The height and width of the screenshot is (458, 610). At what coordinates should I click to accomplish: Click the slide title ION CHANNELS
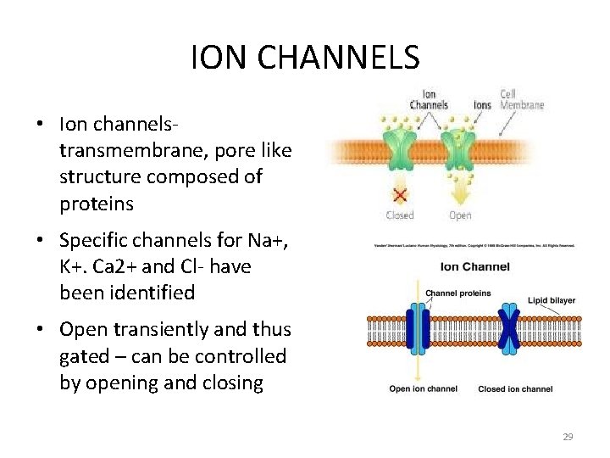coord(305,58)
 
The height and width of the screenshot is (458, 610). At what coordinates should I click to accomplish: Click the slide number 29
coord(568,437)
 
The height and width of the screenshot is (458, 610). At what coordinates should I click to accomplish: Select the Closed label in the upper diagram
coord(400,215)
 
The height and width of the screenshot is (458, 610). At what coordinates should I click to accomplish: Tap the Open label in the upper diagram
coord(460,215)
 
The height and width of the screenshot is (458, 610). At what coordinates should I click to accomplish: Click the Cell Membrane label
coord(521,99)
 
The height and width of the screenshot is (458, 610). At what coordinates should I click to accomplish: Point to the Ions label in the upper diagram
coord(482,105)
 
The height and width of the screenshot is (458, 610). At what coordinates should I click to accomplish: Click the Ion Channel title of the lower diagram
coord(474,266)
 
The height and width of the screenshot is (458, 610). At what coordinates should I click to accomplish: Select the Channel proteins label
coord(457,293)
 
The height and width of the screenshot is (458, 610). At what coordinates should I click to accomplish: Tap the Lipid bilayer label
coord(551,299)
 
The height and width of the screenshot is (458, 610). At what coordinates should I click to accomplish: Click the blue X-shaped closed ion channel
coord(508,331)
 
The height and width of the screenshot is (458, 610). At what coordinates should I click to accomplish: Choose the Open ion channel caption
coord(424,389)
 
